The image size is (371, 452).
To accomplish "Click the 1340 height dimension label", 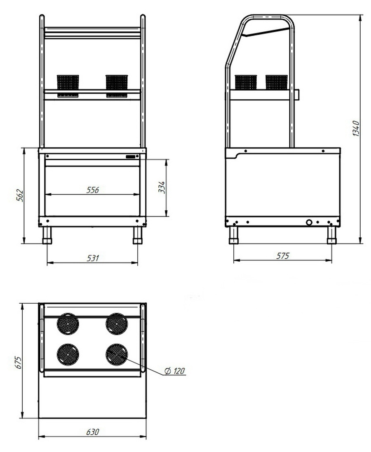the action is (356, 129).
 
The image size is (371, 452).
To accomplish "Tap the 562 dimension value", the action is (19, 195).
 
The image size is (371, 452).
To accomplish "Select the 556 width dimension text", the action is (93, 190).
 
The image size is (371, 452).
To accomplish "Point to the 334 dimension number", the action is (162, 187).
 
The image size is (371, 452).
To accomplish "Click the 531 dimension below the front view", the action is (93, 258).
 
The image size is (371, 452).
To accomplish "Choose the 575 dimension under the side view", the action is (282, 256).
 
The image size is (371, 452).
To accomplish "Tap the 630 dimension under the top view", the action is (93, 432).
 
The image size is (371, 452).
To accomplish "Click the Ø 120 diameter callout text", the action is (174, 371).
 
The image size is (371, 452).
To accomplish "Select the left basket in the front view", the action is (68, 86).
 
